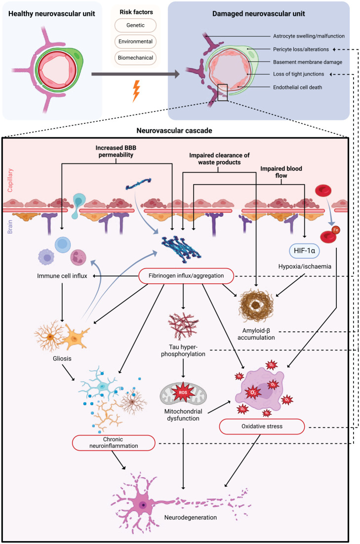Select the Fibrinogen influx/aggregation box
point(183,275)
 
